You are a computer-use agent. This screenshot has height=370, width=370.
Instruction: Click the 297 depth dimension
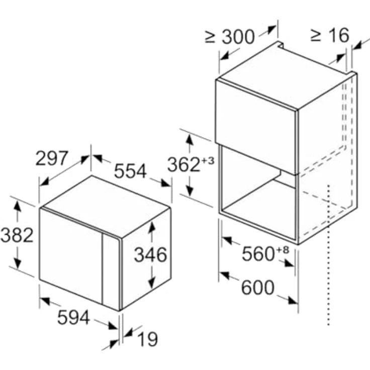[52, 158]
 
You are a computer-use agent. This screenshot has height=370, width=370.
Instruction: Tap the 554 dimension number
[130, 171]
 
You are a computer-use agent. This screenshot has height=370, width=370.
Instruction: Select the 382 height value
[17, 235]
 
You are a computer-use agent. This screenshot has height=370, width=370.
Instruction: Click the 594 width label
[73, 318]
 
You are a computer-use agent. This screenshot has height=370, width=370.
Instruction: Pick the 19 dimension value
[148, 339]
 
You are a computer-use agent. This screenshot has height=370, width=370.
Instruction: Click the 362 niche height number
[184, 164]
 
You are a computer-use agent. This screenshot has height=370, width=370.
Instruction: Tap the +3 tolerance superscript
[208, 161]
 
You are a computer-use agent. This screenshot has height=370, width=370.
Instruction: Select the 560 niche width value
[258, 254]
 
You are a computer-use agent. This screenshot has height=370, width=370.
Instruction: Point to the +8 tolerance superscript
[283, 250]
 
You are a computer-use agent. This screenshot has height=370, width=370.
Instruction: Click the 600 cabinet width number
[258, 287]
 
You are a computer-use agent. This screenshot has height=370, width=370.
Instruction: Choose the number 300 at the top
[238, 37]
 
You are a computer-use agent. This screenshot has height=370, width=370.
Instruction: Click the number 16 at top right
[339, 35]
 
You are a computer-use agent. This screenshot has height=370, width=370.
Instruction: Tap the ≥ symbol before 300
[210, 37]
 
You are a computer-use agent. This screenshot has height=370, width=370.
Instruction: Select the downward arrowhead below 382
[18, 262]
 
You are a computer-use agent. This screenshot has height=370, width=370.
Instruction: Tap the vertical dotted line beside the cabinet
[328, 255]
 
